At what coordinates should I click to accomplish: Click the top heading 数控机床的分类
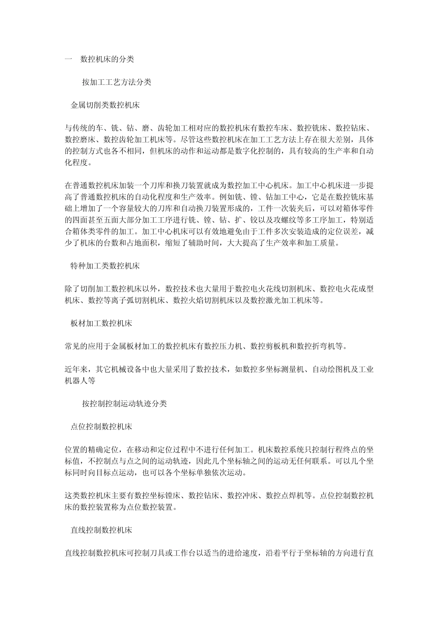coord(107,60)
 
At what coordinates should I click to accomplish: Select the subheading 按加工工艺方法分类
coord(117,83)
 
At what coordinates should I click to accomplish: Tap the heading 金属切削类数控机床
coord(105,105)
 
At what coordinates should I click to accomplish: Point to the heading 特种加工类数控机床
coord(105,266)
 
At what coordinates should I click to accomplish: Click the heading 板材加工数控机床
coord(101,323)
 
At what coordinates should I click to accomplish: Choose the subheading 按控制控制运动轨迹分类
coord(124,404)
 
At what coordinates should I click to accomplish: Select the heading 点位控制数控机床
coord(101,427)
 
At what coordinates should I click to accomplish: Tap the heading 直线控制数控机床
coord(101,530)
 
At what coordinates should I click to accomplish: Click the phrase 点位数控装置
coord(149,507)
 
